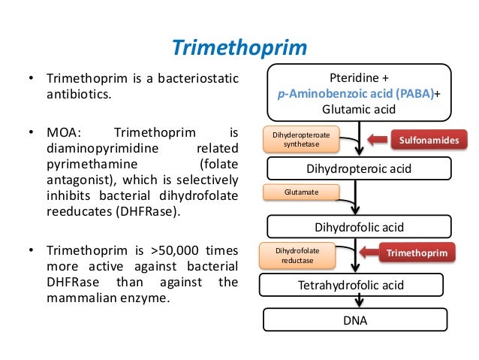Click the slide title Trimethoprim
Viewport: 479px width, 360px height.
coord(239,48)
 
